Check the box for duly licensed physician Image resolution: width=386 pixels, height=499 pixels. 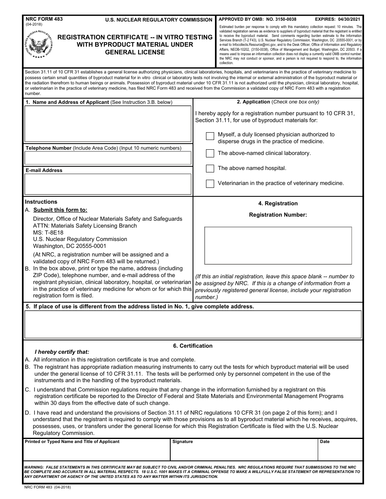pos(210,136)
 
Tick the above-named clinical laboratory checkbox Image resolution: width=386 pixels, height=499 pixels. pos(210,153)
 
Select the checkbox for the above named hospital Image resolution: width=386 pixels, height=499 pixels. pos(210,168)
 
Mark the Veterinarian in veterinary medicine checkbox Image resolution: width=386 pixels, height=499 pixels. pos(210,183)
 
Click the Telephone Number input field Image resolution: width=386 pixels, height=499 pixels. pos(108,158)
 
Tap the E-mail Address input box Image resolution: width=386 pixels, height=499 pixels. pos(108,184)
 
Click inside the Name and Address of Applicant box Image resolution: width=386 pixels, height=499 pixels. pos(108,124)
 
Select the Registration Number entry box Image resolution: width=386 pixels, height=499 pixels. pos(278,245)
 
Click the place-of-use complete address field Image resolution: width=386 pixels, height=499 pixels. pos(193,324)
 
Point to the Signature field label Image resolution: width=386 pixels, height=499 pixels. pos(182,441)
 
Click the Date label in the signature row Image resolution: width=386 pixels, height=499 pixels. pos(325,441)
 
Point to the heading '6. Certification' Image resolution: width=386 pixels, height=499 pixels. pos(193,346)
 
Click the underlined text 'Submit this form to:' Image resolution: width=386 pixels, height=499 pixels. pos(60,210)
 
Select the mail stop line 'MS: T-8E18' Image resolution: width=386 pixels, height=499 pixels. pos(48,232)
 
